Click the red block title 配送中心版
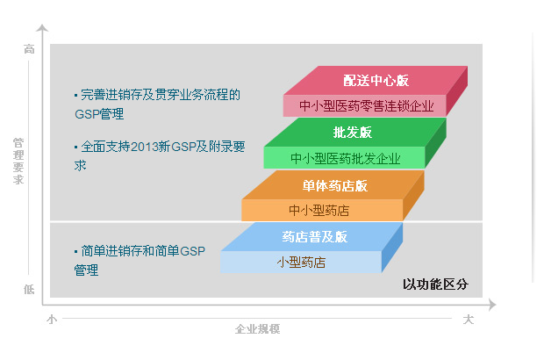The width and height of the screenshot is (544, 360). pos(376,81)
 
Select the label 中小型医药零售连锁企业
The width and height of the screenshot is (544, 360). pos(367,106)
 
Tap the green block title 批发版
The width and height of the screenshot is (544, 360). pos(353,133)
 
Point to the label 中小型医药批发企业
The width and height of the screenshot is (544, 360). pos(346,159)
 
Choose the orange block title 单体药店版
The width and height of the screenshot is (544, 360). pos(335,186)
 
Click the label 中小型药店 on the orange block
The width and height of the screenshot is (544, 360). pos(319,211)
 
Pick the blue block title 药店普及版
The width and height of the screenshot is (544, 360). pos(315,237)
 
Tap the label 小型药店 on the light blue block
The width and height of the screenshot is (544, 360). pos(301,263)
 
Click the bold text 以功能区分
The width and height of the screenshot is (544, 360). pos(435,284)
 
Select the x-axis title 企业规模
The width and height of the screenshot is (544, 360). pos(257,328)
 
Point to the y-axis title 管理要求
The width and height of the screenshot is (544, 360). pos(18,161)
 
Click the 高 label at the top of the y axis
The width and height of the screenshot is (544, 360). pos(29,49)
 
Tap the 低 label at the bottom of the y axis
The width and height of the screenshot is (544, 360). pos(29,289)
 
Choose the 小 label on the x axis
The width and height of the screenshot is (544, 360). pos(52,319)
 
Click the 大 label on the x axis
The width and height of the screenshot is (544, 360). pos(469,319)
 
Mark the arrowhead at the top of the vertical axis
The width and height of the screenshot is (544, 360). pos(42,27)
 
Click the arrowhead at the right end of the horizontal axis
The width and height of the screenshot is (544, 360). pos(492,305)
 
